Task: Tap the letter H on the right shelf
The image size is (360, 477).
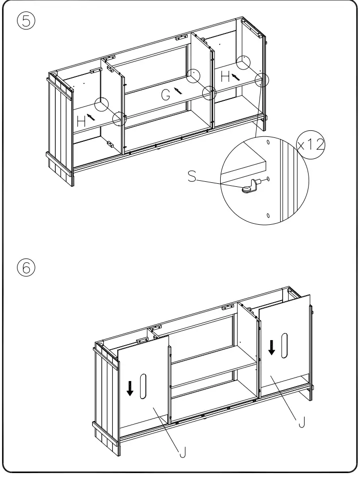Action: point(225,76)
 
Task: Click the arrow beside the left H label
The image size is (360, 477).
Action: point(90,117)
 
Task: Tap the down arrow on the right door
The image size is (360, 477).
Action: point(272,347)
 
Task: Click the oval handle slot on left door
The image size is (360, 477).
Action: point(143,386)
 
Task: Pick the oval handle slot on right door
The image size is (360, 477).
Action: point(285,344)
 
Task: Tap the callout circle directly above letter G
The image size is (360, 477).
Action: point(193,76)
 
